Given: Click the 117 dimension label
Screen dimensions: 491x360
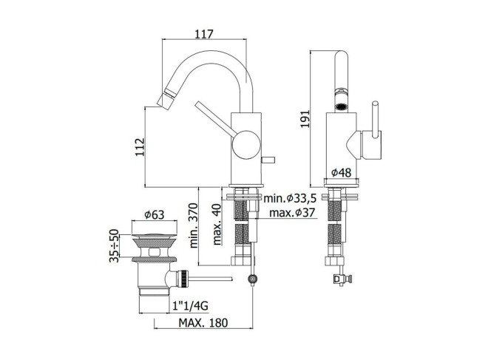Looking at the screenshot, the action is pos(204,34).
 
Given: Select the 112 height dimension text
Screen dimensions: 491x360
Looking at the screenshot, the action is pos(140,147).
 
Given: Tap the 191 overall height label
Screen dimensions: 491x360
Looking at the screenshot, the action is pos(305,118).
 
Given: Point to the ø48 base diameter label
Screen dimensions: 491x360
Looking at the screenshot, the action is pos(342,172).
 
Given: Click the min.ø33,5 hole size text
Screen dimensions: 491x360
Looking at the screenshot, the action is pos(290,198).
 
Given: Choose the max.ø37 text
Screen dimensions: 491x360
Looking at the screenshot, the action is pos(292,213).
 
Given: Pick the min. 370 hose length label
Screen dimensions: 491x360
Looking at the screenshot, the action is pos(194,225).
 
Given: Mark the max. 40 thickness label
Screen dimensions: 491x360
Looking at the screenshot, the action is pos(217,224).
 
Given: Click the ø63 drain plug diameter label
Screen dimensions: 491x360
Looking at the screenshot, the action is pos(154,215).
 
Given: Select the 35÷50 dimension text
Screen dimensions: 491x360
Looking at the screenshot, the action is pos(114,245).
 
